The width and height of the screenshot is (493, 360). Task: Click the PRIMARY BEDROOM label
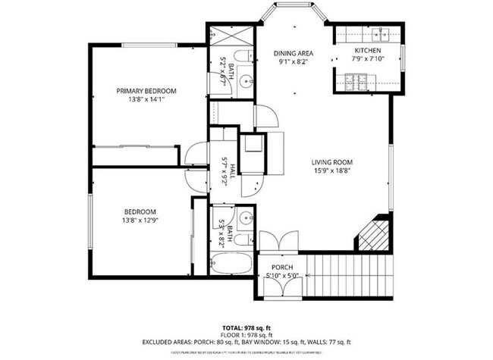pos(146,91)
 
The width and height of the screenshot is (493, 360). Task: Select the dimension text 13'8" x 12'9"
pos(140,220)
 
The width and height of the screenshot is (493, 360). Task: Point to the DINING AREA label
pos(294,54)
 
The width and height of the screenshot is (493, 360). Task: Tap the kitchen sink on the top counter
pos(382,33)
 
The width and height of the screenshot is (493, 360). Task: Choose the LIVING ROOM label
pos(332,162)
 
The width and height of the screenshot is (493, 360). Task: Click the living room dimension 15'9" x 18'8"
pos(332,171)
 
